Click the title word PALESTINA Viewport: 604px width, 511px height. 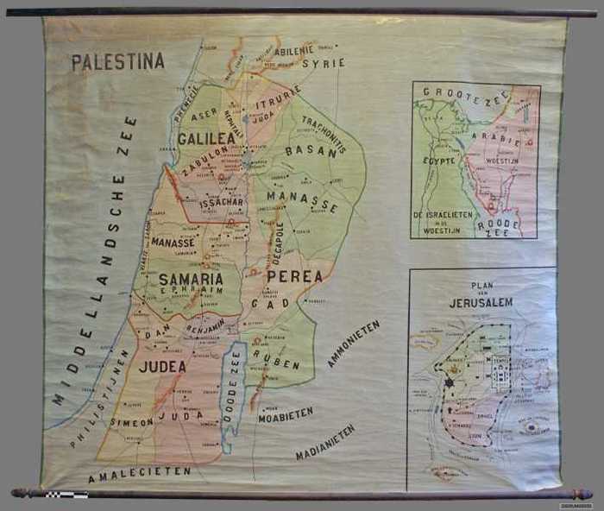(x=117, y=62)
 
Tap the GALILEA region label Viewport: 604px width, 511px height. (x=206, y=138)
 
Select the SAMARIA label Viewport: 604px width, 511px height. (x=191, y=279)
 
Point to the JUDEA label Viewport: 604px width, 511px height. (x=163, y=366)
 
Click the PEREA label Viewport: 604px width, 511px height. (x=294, y=276)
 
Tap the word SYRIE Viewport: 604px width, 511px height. (x=329, y=63)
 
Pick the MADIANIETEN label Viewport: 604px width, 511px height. (x=324, y=443)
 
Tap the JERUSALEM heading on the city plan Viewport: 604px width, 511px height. (x=481, y=303)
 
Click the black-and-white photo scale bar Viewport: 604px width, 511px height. (x=66, y=495)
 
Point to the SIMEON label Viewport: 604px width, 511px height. (x=131, y=422)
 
